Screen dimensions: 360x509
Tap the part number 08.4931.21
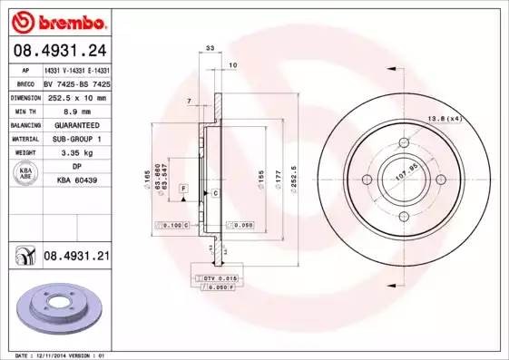tap(76, 257)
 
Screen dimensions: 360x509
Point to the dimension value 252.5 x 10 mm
tap(75, 97)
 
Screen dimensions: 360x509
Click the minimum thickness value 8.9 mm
tap(75, 110)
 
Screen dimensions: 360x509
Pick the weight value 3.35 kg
tap(75, 153)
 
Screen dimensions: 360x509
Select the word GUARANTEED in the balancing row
tap(75, 124)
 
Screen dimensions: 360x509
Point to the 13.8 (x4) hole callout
tap(445, 118)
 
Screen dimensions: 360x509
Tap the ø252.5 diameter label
tap(294, 170)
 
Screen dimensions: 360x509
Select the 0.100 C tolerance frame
tap(172, 223)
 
